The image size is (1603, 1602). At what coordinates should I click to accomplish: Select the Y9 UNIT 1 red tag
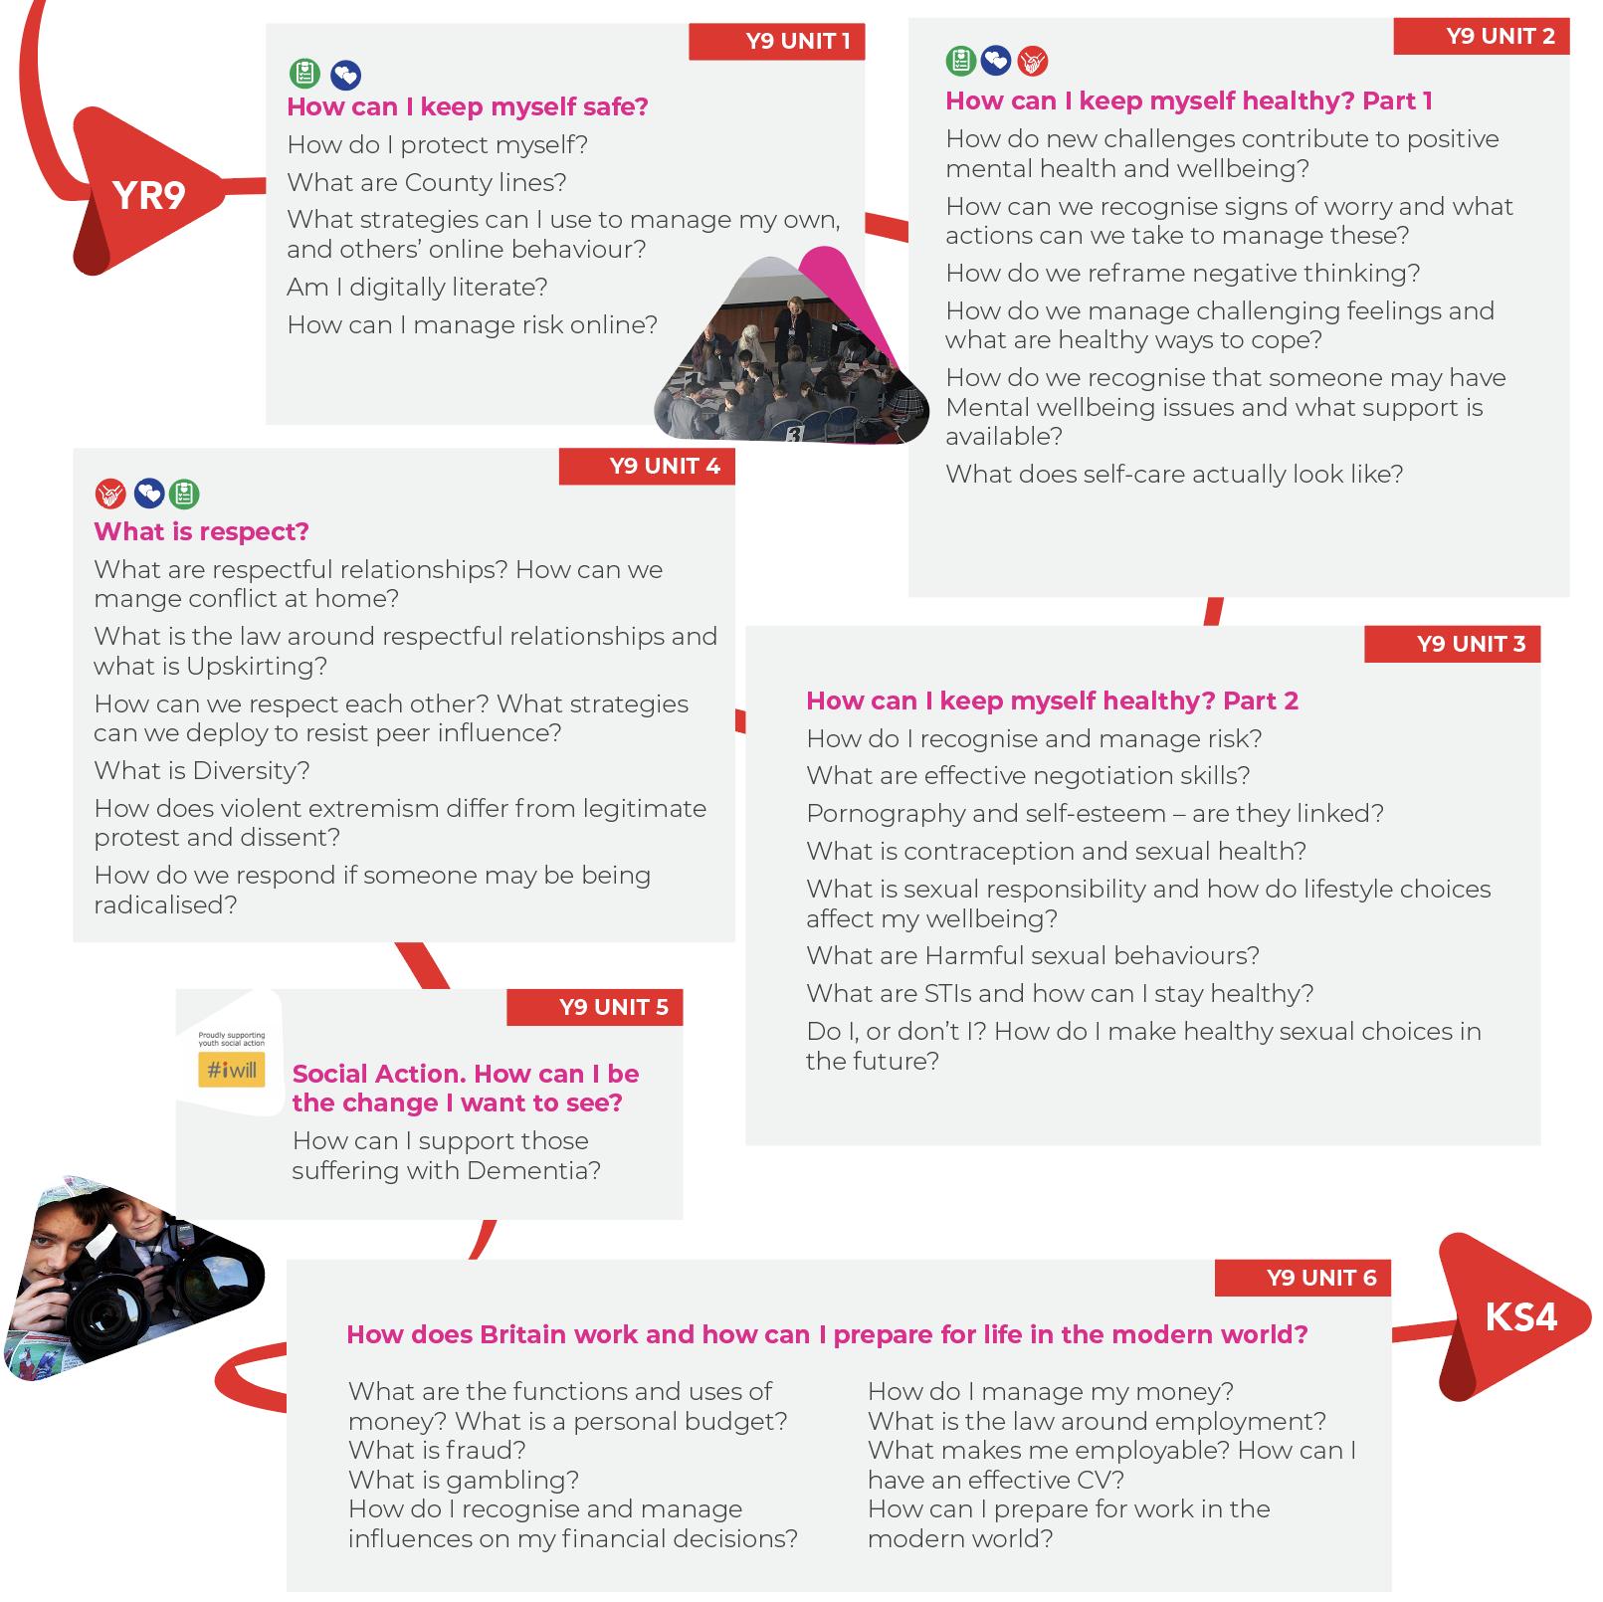[x=777, y=42]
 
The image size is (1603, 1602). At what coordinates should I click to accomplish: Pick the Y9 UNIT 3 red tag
[x=1452, y=644]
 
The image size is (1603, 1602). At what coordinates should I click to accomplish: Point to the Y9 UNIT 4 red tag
[x=647, y=467]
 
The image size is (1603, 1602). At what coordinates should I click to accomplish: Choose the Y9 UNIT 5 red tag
[x=595, y=1007]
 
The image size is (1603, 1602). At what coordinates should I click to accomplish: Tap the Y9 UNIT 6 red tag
[x=1302, y=1278]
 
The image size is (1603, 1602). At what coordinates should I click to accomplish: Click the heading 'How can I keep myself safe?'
[x=467, y=106]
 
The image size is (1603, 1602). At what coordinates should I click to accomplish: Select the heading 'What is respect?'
[x=201, y=531]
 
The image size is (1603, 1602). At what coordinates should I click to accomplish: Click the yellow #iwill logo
[x=232, y=1071]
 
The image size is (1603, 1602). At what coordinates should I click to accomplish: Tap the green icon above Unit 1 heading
[x=304, y=74]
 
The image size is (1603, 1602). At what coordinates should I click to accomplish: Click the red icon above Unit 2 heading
[x=1033, y=62]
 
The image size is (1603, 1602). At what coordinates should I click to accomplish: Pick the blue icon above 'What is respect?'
[x=148, y=493]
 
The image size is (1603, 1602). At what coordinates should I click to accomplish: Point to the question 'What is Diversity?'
[x=201, y=770]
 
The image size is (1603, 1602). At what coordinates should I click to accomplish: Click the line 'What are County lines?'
[x=426, y=182]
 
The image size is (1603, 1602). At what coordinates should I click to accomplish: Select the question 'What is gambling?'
[x=463, y=1480]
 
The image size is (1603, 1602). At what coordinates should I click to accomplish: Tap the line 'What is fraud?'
[x=436, y=1450]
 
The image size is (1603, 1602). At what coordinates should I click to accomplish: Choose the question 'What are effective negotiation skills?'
[x=1027, y=775]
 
